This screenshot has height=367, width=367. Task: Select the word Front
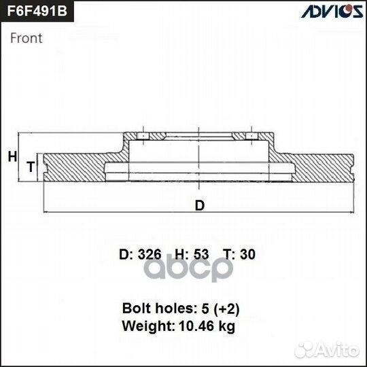(27, 38)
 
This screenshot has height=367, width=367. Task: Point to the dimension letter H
(12, 157)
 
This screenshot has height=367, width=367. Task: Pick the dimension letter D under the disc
(199, 205)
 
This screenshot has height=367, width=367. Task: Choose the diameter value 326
(149, 255)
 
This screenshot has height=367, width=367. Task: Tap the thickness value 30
(248, 255)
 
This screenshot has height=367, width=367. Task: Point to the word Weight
(144, 326)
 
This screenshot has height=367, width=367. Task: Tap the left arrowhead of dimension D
(45, 212)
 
